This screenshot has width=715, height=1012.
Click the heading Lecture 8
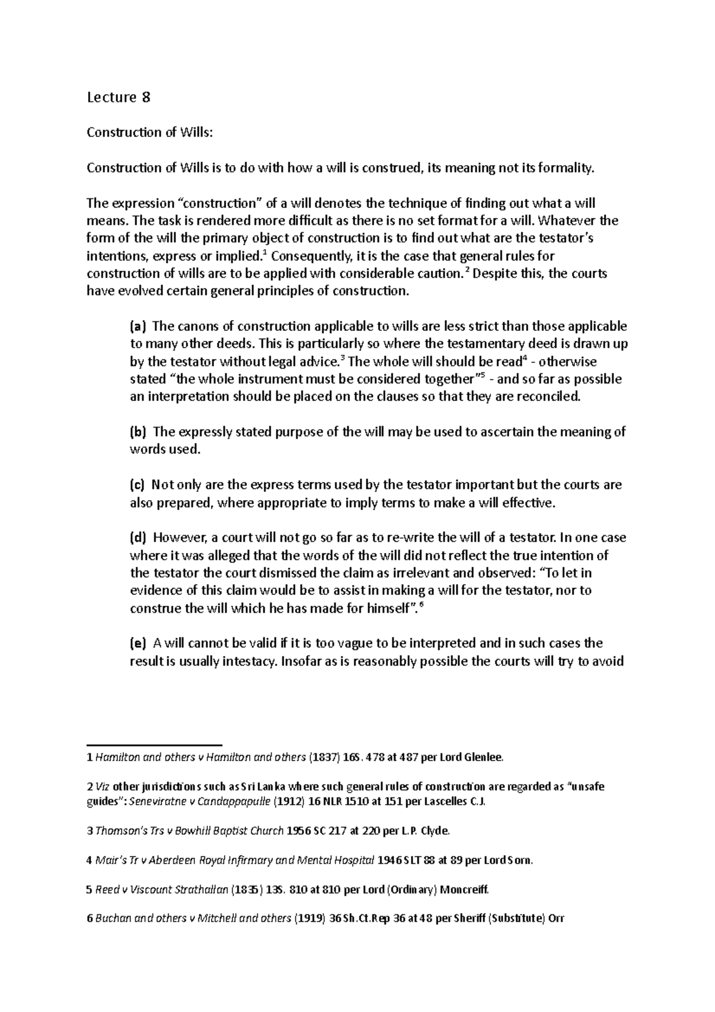(x=118, y=97)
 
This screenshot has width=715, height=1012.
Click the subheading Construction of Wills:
(x=149, y=132)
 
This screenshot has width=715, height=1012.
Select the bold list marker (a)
(x=137, y=327)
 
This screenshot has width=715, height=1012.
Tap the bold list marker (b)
(x=137, y=432)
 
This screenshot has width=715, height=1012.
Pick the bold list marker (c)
(x=137, y=485)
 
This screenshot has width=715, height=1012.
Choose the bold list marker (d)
(x=137, y=538)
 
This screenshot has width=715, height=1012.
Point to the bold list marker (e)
(x=137, y=643)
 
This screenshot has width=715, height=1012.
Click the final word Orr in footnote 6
(x=555, y=918)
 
